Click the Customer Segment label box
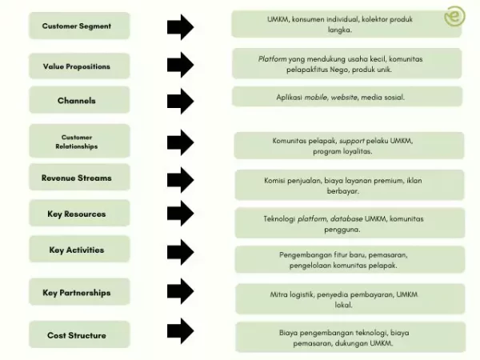pos(77,26)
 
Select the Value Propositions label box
pos(77,66)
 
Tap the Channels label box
pos(77,101)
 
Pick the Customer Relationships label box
pos(77,142)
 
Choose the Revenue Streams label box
pos(77,178)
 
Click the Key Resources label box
pos(77,214)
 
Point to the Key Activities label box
pos(77,250)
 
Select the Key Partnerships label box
pos(77,293)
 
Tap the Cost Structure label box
pos(77,335)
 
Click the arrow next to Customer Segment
pos(180,26)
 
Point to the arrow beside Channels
pos(180,101)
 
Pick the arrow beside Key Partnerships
pos(180,292)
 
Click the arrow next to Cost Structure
pos(180,331)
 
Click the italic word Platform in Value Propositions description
pos(272,59)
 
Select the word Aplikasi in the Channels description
pos(291,97)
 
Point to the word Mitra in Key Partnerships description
pos(281,294)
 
